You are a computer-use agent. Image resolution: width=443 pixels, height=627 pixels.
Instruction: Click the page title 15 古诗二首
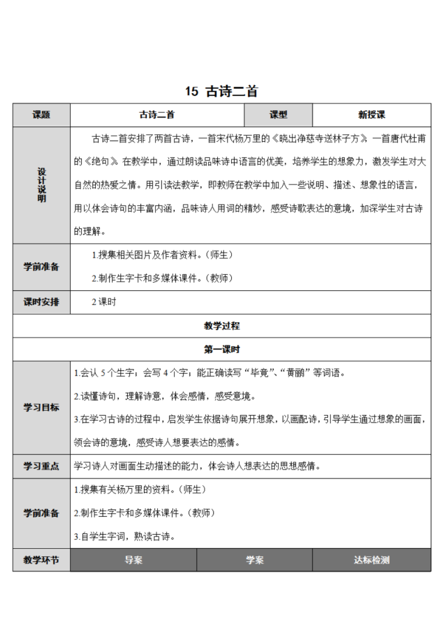point(221,91)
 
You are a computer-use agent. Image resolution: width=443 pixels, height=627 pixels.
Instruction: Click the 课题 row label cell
point(41,115)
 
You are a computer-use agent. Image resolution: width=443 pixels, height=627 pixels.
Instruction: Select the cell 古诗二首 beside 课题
point(157,115)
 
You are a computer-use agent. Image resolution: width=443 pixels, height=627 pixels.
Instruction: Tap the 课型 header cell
point(279,115)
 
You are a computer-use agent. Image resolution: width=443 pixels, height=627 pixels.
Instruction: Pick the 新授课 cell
point(372,115)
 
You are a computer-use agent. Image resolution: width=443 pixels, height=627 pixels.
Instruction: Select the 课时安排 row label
point(41,302)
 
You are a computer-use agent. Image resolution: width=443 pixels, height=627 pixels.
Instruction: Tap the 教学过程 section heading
point(221,326)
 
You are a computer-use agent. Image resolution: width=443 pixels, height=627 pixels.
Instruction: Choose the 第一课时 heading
point(221,349)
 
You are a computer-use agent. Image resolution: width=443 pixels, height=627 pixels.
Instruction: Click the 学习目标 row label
point(41,408)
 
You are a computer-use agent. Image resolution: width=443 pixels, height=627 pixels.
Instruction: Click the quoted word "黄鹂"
point(298,373)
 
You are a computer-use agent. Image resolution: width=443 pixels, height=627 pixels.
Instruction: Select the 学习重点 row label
point(41,466)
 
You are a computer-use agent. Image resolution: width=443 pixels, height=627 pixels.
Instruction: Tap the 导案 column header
point(134,560)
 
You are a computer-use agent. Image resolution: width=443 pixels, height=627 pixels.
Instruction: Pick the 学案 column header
point(254,560)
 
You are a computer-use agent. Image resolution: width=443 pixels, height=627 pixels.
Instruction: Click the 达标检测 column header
point(372,560)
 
